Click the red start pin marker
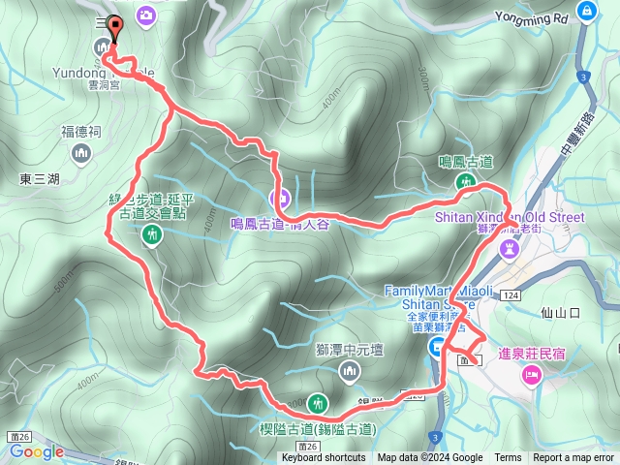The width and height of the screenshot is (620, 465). tap(115, 29)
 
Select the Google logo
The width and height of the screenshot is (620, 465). tap(37, 451)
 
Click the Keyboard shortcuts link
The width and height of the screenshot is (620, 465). tap(324, 458)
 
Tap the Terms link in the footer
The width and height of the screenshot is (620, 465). tap(508, 458)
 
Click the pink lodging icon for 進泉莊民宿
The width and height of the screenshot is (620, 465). tap(531, 375)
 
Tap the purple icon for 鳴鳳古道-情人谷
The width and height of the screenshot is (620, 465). tap(282, 201)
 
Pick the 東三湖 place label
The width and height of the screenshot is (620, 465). tap(39, 179)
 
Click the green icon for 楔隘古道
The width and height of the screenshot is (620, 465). tap(317, 403)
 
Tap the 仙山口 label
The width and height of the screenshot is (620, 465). tap(562, 312)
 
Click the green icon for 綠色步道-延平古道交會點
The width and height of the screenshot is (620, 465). tap(151, 233)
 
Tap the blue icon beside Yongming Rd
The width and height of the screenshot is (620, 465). tap(586, 11)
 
